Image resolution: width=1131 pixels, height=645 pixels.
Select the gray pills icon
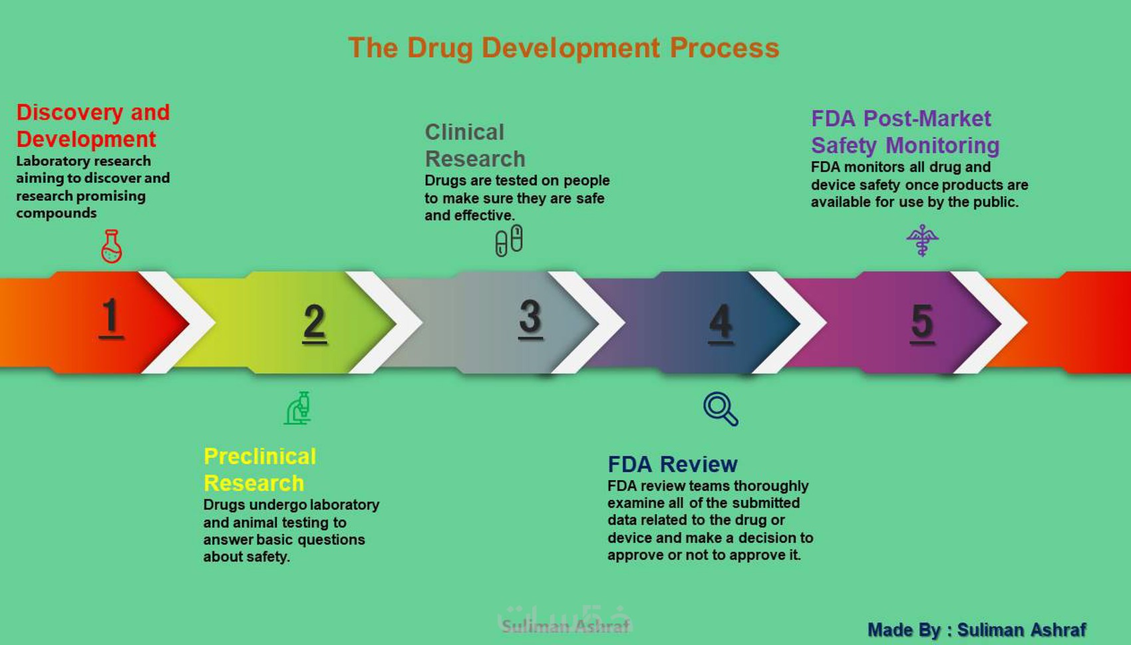[509, 240]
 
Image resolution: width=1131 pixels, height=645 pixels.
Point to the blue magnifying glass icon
[721, 409]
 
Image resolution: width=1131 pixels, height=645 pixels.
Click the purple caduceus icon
[923, 240]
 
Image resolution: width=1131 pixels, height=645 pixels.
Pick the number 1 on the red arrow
[110, 317]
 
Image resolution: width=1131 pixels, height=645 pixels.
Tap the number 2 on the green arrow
[314, 323]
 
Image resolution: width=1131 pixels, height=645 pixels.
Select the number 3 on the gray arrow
[530, 318]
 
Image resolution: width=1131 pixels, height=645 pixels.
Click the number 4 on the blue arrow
[721, 323]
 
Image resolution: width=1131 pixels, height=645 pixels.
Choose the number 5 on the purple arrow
[922, 323]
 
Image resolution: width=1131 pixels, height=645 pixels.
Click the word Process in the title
[725, 48]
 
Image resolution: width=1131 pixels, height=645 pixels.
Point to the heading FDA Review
[673, 464]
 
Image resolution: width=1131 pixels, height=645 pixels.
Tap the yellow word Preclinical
[260, 456]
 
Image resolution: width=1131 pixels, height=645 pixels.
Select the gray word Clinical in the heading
[464, 132]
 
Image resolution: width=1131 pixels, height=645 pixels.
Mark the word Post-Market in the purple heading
[927, 118]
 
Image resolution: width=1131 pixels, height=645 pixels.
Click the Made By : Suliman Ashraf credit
[977, 630]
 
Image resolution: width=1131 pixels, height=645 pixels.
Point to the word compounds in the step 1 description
[56, 213]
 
